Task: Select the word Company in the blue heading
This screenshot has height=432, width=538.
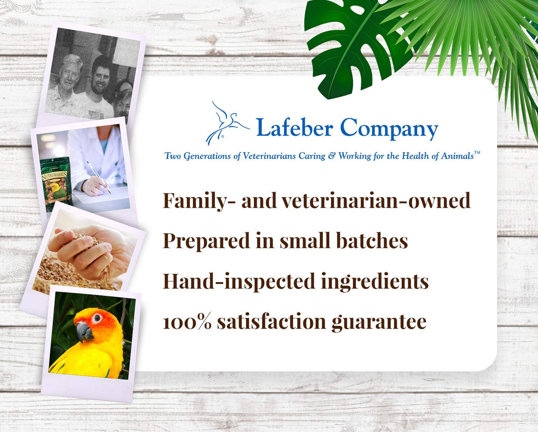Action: click(x=389, y=129)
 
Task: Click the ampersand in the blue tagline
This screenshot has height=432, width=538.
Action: click(x=332, y=156)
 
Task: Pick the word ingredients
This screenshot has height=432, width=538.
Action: click(x=375, y=282)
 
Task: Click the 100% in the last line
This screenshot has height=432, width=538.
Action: click(x=187, y=322)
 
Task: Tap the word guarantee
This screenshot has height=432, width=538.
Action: click(x=379, y=323)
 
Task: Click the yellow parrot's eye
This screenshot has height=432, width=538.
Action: click(x=97, y=318)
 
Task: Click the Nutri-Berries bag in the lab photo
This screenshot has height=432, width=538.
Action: click(x=56, y=183)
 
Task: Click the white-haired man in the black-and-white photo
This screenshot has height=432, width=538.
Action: click(x=67, y=86)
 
